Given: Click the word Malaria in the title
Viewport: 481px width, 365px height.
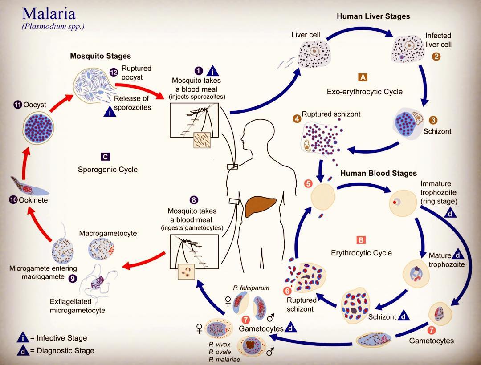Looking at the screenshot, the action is (49, 13).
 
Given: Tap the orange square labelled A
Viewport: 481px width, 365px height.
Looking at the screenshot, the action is (363, 77).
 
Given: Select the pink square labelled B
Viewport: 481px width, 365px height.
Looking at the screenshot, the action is (361, 239).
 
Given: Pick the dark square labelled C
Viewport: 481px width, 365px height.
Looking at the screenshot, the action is (105, 157).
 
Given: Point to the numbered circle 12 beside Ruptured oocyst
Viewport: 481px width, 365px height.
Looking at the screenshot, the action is (114, 72).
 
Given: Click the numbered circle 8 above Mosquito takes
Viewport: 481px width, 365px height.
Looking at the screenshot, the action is (194, 200).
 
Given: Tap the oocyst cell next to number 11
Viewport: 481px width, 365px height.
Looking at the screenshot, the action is (39, 128).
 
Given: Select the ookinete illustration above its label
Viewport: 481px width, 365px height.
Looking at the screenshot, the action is (29, 186).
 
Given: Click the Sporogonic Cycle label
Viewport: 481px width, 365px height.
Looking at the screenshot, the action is (108, 170).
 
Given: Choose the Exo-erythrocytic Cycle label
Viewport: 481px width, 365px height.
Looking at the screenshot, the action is (364, 92).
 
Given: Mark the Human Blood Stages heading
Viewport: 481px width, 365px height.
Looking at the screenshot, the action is (379, 173).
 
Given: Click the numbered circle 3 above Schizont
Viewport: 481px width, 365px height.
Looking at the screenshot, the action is (433, 120).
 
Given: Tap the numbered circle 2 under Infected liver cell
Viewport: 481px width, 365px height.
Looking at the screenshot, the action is (436, 57).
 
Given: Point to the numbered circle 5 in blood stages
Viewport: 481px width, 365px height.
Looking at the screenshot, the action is (308, 183).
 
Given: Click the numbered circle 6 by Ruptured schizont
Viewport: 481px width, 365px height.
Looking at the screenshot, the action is (287, 291).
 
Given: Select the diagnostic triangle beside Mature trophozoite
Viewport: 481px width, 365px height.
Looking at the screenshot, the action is (458, 254).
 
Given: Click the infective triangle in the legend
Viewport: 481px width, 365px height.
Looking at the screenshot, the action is (23, 337).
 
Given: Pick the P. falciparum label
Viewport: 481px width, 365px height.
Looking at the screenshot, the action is (251, 288).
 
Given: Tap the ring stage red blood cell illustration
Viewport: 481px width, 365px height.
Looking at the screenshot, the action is (403, 202).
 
